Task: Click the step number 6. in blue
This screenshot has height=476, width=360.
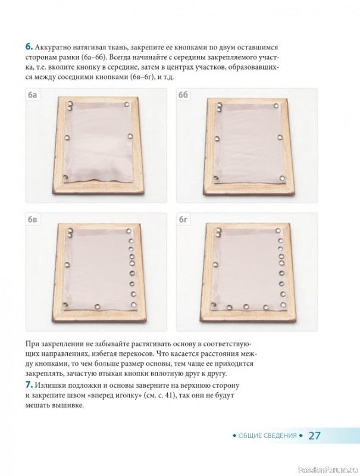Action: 29,47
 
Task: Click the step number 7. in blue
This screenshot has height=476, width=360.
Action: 29,385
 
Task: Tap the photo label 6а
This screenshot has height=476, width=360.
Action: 32,95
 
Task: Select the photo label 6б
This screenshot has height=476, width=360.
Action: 183,95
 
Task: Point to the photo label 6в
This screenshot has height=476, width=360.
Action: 32,219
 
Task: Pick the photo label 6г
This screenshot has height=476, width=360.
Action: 183,219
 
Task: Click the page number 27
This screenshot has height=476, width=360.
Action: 314,436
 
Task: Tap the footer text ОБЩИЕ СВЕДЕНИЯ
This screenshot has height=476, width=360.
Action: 267,436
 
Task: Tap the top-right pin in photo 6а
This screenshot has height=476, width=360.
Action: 127,105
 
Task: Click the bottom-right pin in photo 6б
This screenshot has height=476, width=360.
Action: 282,178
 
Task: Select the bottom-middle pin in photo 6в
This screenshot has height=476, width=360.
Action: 98,306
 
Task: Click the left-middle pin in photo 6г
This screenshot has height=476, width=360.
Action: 215,264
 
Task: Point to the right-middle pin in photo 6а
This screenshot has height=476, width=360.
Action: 130,136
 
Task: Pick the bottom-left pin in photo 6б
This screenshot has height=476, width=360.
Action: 216,178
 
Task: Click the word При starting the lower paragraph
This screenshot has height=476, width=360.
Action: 32,345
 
